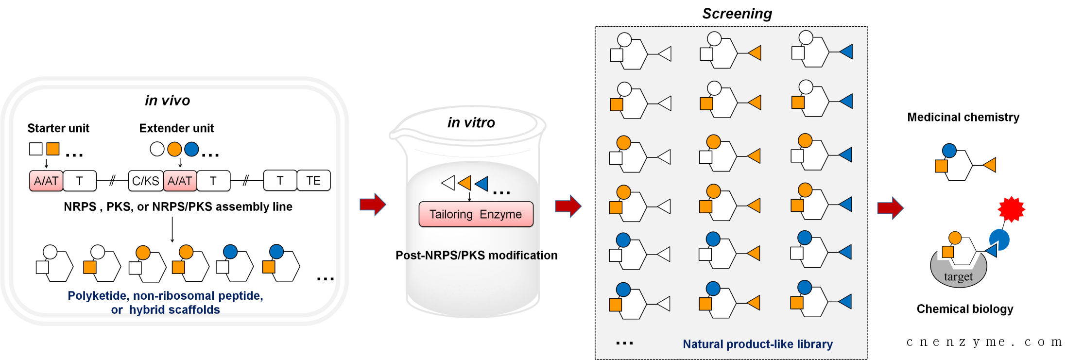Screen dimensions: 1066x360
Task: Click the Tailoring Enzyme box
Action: (476, 214)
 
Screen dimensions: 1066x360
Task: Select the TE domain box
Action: (313, 181)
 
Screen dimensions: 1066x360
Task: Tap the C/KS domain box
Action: (146, 181)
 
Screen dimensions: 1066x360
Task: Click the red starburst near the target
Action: (1011, 209)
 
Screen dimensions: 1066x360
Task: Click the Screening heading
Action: (737, 14)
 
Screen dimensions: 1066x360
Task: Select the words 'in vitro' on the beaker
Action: (471, 122)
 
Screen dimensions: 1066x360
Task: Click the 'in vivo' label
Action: (168, 101)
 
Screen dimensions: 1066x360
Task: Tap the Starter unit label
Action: (58, 128)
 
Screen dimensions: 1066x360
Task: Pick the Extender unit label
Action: (176, 128)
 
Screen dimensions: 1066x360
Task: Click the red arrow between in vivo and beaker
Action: (373, 204)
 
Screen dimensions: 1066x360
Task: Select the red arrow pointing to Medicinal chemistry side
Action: (890, 208)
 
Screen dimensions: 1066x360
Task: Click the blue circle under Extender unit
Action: (191, 149)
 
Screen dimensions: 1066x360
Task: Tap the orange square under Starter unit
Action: (53, 149)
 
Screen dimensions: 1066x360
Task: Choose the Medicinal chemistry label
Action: (963, 117)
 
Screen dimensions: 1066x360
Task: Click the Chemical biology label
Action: (965, 309)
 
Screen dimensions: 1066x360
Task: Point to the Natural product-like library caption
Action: (757, 344)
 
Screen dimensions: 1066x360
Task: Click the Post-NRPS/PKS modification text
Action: (476, 255)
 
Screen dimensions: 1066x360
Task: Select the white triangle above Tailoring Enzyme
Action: (448, 183)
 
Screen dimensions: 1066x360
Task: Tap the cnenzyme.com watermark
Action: (984, 342)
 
